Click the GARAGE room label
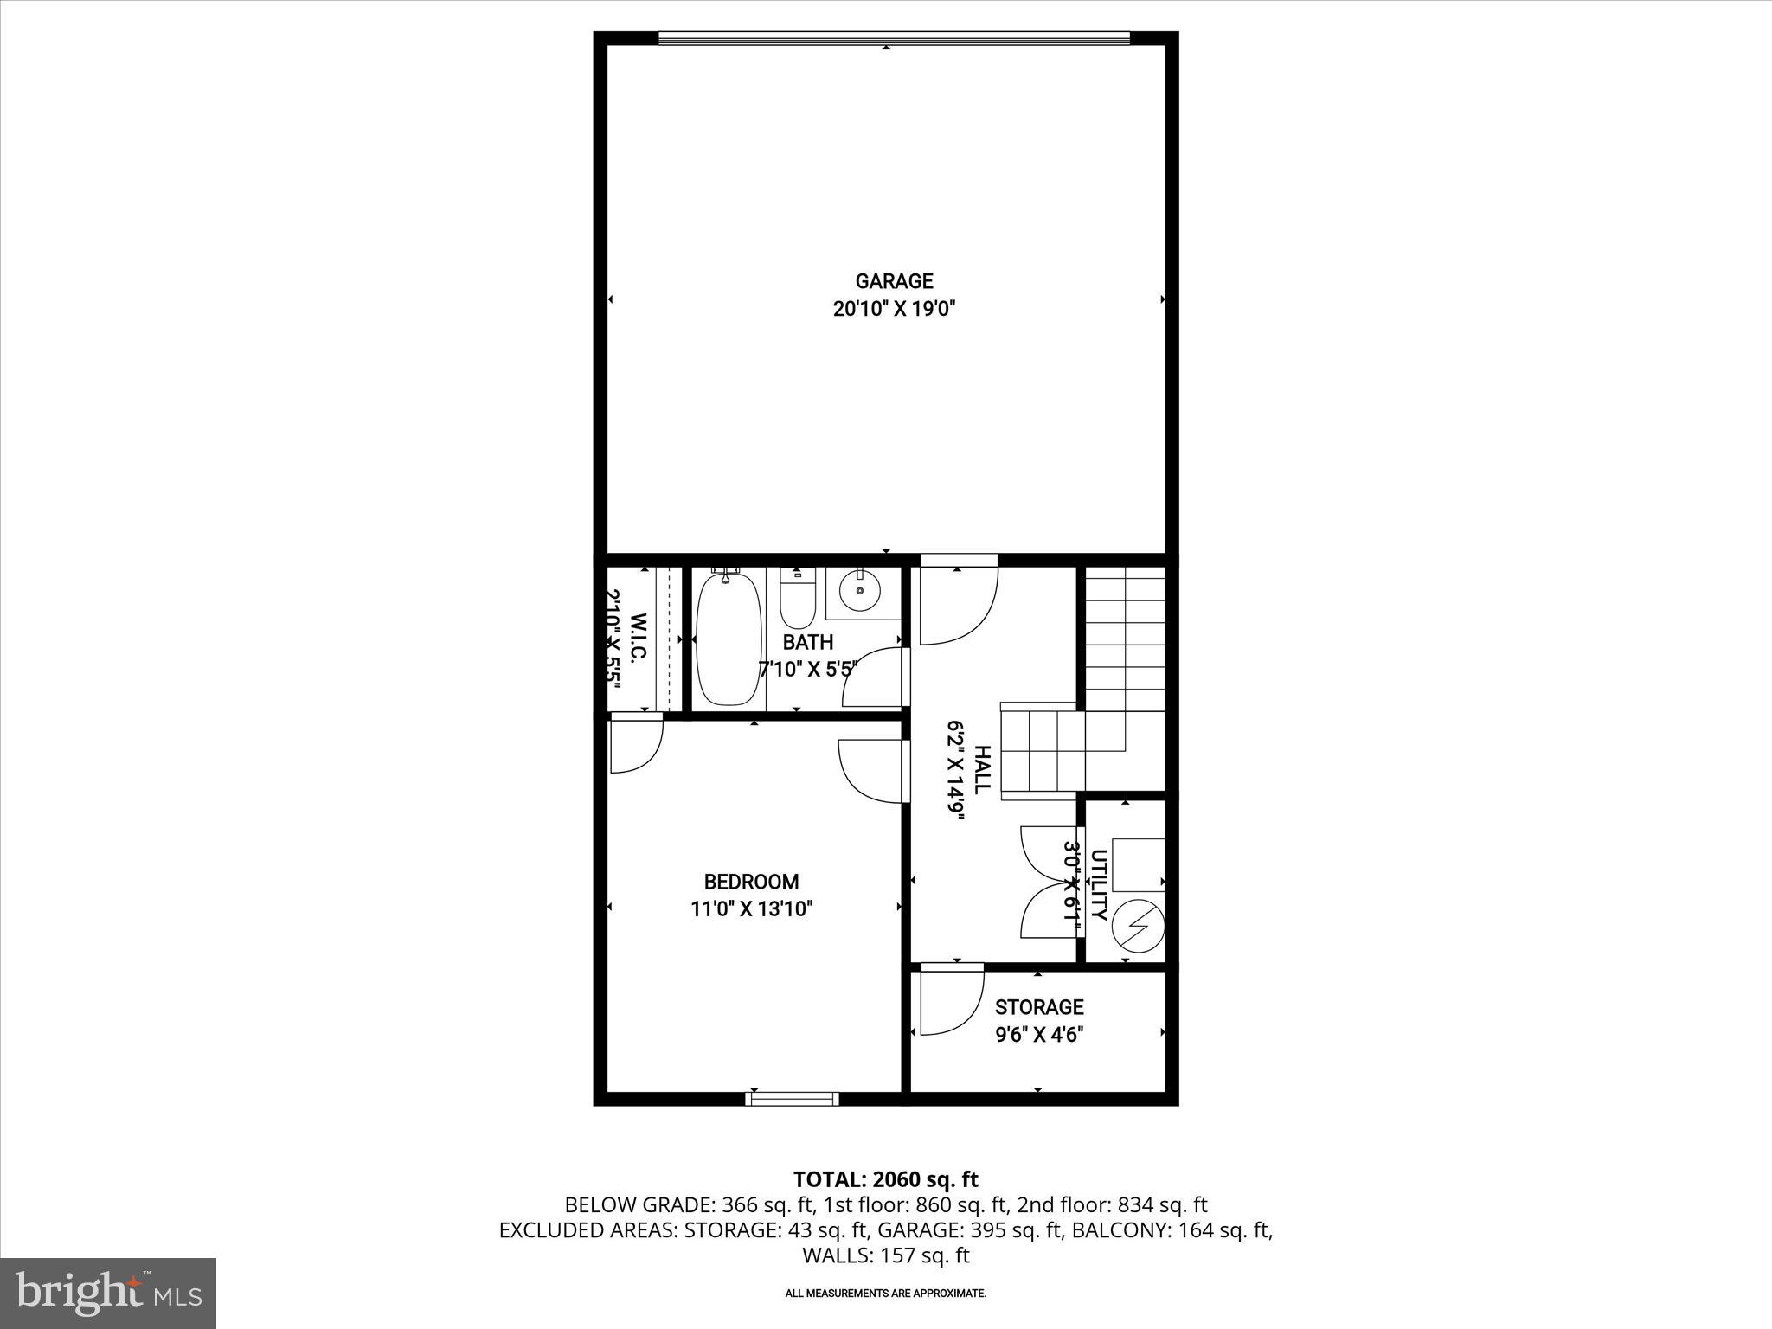(894, 281)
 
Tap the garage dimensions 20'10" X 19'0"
(894, 309)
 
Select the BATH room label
(807, 642)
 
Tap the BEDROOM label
(751, 882)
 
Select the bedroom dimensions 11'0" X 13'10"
(751, 909)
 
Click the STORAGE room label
(1038, 1007)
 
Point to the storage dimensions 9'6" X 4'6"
(1038, 1034)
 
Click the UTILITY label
(1099, 885)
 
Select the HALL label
(983, 770)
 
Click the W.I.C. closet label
(639, 639)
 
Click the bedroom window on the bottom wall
(793, 1099)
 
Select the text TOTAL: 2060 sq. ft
(885, 1179)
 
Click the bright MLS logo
(108, 1293)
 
